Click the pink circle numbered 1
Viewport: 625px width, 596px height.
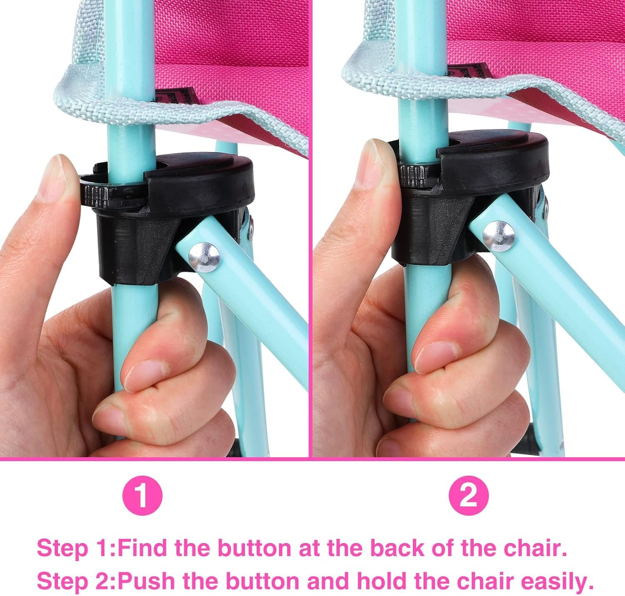pyautogui.click(x=142, y=496)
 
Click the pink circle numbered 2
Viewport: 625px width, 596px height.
pyautogui.click(x=468, y=496)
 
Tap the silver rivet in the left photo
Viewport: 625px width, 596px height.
pyautogui.click(x=204, y=258)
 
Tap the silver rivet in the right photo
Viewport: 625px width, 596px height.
pyautogui.click(x=498, y=236)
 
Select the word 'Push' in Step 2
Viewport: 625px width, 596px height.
pyautogui.click(x=148, y=580)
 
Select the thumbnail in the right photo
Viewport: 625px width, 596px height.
pyautogui.click(x=433, y=356)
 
